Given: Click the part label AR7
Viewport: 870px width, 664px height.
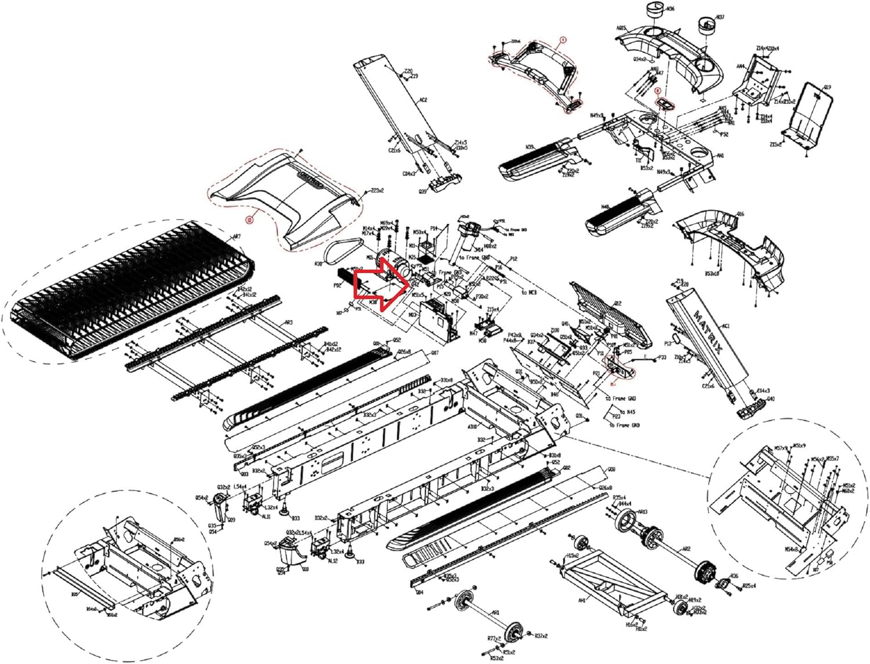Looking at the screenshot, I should point(236,237).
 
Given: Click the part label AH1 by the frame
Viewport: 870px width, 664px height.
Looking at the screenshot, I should point(582,601).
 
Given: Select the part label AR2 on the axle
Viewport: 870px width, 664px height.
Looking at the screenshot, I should point(686,549).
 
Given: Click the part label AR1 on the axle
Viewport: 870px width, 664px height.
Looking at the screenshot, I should point(495,612).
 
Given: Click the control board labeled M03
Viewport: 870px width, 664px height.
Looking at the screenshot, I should point(434,318).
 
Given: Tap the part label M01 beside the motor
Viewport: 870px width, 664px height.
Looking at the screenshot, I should point(369,257).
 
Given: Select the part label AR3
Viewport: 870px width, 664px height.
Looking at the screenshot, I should point(288,322).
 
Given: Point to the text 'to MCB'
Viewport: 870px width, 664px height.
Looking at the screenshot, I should point(529,292).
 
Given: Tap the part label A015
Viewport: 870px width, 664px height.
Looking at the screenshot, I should point(621,28).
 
